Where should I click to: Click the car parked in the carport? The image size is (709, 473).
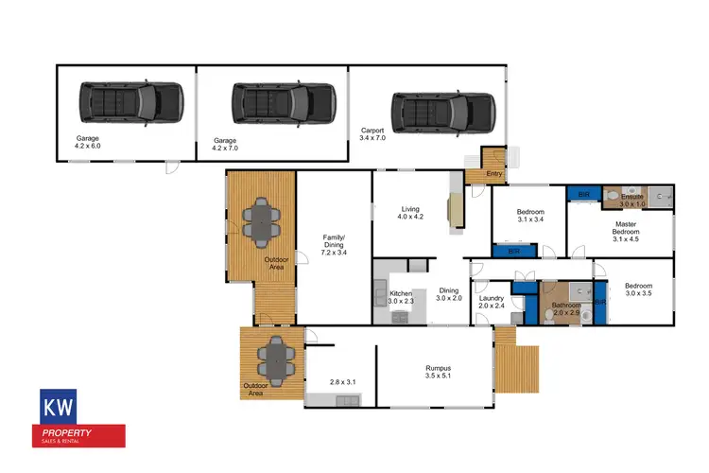tap(442, 112)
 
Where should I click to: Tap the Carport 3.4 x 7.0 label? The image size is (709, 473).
tap(373, 134)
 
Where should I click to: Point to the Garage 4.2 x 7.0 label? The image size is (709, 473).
tap(225, 144)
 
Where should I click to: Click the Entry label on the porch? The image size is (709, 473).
tap(494, 173)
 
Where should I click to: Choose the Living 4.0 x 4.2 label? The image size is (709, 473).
tap(409, 213)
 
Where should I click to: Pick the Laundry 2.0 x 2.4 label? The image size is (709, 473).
tap(493, 302)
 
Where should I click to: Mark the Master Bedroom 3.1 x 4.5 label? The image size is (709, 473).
tap(626, 232)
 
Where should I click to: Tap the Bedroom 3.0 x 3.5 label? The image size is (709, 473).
tap(637, 289)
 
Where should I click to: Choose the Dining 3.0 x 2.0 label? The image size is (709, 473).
tap(447, 294)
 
